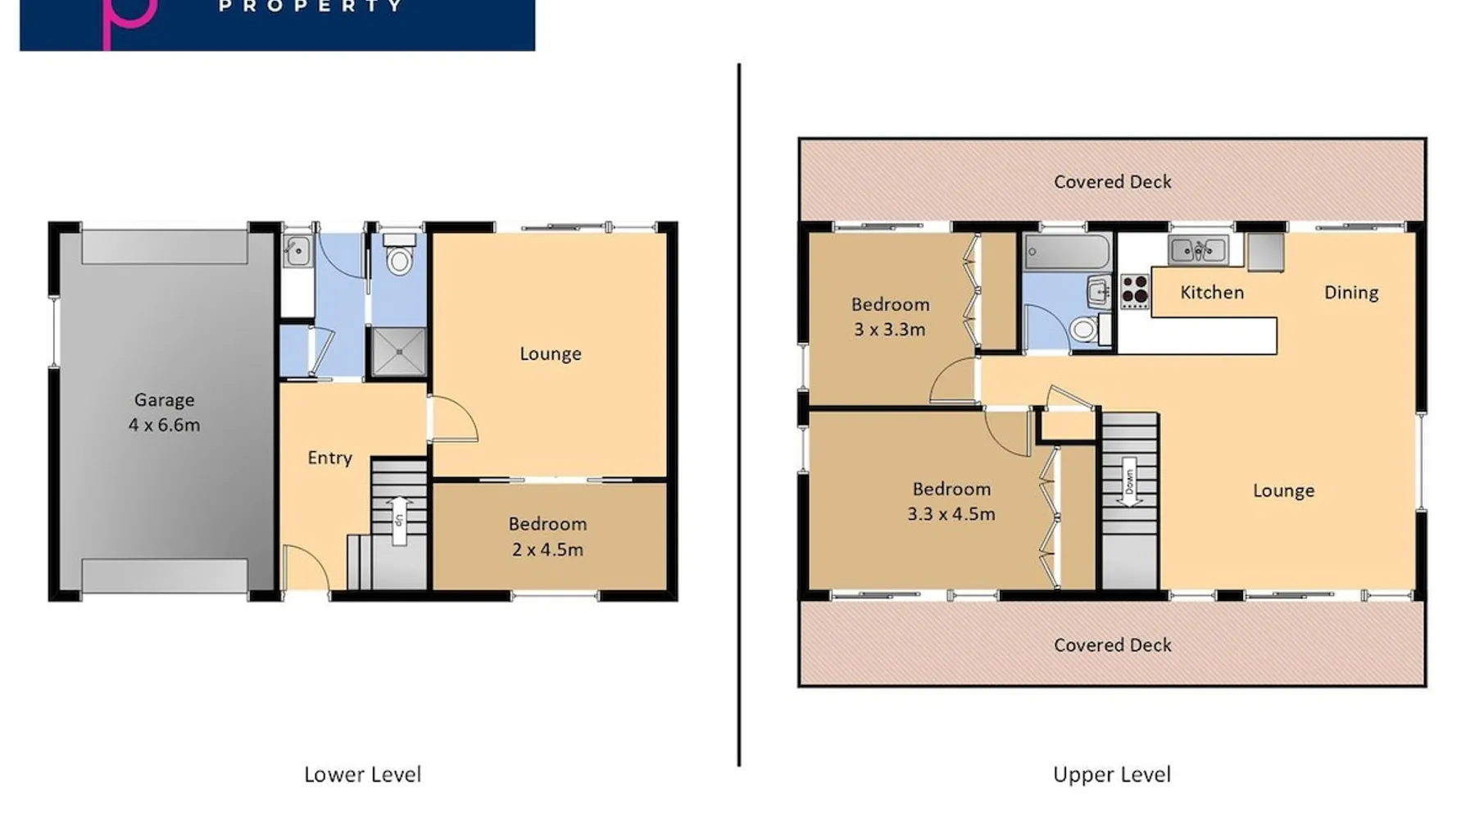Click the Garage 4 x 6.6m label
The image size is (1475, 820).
click(164, 412)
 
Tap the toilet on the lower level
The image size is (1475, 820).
click(399, 254)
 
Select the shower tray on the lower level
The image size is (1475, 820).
click(399, 352)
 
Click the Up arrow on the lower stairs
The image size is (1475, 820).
click(399, 520)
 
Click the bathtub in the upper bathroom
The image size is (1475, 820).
click(1068, 252)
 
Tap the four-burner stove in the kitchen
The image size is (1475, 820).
click(1135, 291)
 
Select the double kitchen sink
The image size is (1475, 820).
click(1198, 249)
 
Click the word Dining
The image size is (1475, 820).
click(1351, 293)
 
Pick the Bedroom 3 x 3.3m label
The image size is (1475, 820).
click(890, 317)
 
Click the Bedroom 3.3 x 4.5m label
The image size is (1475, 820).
click(951, 502)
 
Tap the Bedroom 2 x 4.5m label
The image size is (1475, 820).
click(547, 537)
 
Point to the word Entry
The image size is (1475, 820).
click(329, 458)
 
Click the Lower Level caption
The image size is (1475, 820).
click(362, 775)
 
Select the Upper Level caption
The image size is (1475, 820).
click(1112, 775)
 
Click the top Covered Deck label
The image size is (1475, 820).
click(1112, 182)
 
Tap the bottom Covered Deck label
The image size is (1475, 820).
click(1112, 645)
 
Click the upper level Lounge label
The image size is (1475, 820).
click(1283, 490)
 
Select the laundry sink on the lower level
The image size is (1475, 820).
click(297, 250)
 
